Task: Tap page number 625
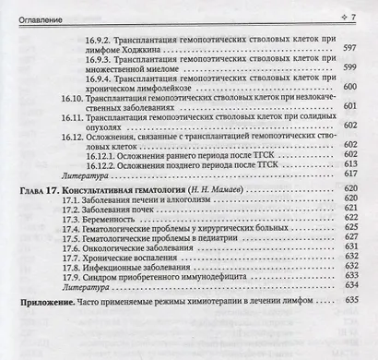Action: click(x=348, y=248)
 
